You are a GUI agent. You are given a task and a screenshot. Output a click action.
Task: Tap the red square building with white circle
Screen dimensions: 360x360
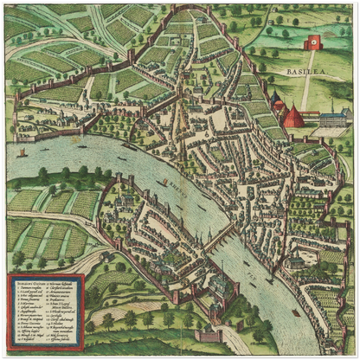tap(312, 42)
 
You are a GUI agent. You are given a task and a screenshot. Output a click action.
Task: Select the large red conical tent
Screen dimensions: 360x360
tap(293, 115)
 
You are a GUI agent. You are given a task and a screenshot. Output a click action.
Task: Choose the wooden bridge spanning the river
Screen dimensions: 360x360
tap(217, 236)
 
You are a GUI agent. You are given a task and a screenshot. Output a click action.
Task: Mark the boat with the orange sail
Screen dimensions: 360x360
tap(164, 183)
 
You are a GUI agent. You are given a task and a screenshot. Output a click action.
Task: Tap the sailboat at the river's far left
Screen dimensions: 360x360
tap(22, 153)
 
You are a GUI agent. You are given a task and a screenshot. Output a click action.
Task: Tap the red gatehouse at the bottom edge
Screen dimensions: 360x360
tap(210, 336)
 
